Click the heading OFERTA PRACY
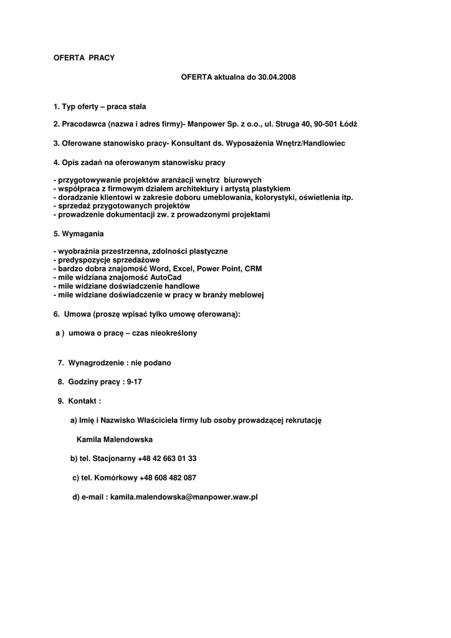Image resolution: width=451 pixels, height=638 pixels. [84, 57]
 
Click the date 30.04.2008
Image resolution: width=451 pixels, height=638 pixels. [277, 77]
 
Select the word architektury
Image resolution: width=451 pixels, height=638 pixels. [191, 189]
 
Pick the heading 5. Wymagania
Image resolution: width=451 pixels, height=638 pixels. [78, 233]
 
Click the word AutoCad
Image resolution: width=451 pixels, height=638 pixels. [166, 277]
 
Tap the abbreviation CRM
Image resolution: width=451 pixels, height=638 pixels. [253, 269]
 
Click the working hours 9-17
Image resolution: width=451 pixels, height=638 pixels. [134, 382]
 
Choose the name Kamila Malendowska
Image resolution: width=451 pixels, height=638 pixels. [115, 439]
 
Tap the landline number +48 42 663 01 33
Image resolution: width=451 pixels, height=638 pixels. [167, 459]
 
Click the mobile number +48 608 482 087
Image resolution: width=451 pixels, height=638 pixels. [168, 478]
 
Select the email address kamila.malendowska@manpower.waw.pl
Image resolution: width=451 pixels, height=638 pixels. [184, 497]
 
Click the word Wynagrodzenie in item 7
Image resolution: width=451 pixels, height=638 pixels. [97, 363]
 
